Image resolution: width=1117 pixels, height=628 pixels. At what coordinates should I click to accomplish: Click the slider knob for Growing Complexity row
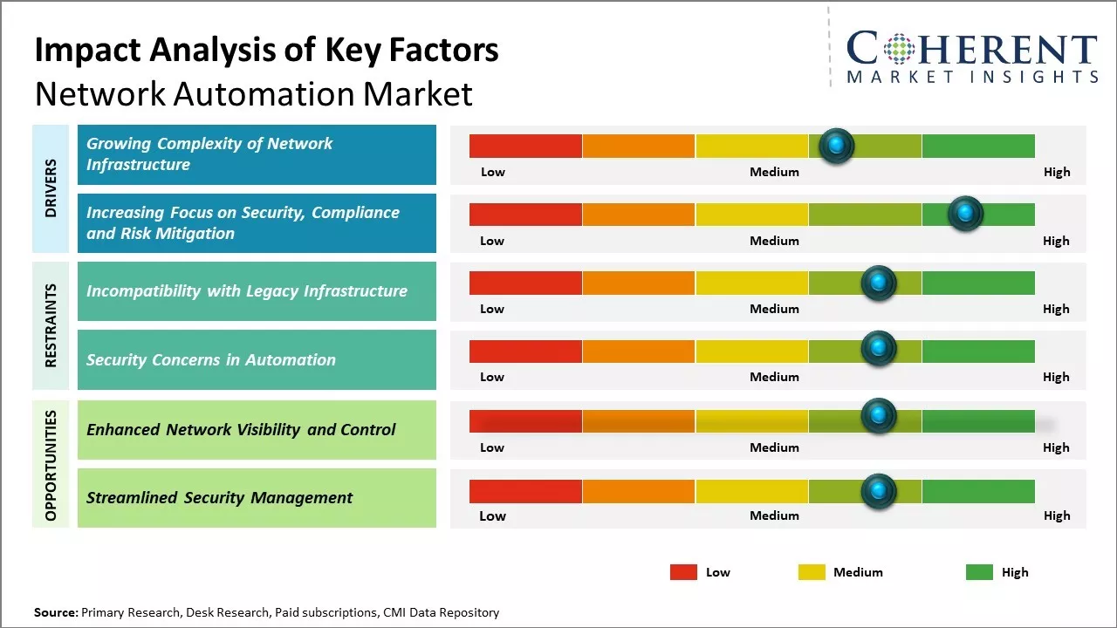point(837,146)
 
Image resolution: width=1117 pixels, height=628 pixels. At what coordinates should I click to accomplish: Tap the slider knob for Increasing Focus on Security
point(965,214)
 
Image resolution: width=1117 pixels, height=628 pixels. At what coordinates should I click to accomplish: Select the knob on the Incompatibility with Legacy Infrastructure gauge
point(879,283)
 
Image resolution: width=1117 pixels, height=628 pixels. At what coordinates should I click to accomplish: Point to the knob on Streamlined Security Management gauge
point(879,491)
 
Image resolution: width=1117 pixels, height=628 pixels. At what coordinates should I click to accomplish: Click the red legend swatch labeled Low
point(683,572)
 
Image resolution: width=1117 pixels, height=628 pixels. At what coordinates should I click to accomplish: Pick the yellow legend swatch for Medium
point(812,572)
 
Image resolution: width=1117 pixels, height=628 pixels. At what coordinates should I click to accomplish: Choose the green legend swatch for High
point(979,572)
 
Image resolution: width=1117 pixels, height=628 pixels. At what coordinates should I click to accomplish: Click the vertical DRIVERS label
point(51,188)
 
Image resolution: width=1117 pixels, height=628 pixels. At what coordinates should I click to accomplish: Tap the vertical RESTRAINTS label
point(51,325)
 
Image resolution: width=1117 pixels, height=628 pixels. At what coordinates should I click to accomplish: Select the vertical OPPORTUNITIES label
point(51,465)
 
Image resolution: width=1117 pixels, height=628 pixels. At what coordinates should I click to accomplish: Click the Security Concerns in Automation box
point(257,359)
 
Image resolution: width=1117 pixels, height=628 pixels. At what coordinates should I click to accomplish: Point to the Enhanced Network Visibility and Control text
point(241,429)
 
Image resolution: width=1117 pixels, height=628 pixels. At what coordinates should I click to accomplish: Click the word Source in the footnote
point(55,612)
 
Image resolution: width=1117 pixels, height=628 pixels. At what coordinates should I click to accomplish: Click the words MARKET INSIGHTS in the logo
point(972,77)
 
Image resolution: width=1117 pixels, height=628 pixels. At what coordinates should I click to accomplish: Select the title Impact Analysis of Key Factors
point(266,51)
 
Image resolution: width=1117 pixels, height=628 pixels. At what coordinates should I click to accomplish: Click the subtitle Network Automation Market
point(253,93)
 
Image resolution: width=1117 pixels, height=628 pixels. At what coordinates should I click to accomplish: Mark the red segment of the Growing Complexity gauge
point(525,146)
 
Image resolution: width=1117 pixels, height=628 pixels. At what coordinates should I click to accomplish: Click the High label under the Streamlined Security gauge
point(1056,515)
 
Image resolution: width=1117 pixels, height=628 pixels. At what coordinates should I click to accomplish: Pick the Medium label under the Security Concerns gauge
point(774,377)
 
